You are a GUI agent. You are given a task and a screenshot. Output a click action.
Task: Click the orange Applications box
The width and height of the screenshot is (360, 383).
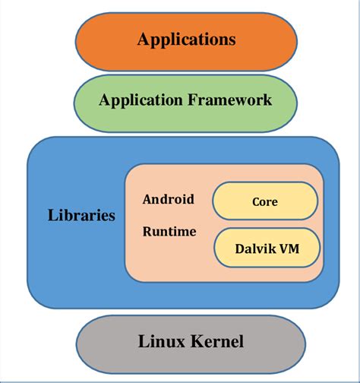pyautogui.click(x=186, y=40)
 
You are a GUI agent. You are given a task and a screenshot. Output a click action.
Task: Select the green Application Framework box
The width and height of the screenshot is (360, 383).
pyautogui.click(x=186, y=100)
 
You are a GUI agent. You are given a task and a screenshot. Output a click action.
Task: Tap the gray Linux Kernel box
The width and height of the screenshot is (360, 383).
pyautogui.click(x=191, y=342)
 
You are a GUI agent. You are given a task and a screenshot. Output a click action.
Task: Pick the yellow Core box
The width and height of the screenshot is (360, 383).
pyautogui.click(x=264, y=201)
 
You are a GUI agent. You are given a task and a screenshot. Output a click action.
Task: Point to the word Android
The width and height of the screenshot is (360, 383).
pyautogui.click(x=168, y=199)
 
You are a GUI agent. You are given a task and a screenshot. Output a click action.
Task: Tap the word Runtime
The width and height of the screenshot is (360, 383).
pyautogui.click(x=169, y=231)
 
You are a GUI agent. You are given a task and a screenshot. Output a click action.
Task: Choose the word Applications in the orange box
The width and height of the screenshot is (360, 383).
pyautogui.click(x=186, y=40)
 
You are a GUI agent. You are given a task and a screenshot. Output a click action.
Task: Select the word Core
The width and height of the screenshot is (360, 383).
pyautogui.click(x=264, y=201)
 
